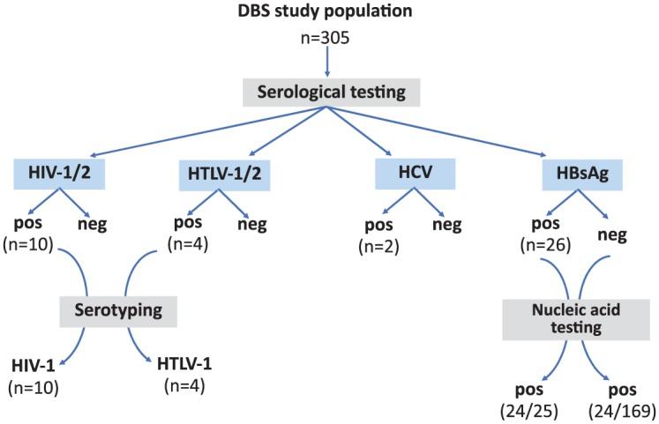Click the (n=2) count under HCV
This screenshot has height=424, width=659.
377,245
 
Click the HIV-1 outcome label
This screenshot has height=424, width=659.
34,365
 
